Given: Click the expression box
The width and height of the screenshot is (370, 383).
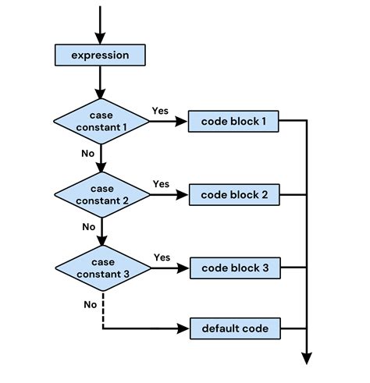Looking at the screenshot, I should click(100, 55).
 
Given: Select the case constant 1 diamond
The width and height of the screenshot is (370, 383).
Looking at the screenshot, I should click(101, 121).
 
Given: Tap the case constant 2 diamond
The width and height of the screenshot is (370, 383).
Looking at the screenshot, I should click(101, 195).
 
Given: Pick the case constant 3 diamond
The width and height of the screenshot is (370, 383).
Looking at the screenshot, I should click(101, 268).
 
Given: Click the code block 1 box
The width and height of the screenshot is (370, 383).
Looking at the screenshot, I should click(234, 121).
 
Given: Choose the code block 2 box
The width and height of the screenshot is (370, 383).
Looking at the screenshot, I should click(234, 195).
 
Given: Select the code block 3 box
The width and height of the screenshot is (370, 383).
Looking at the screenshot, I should click(234, 268).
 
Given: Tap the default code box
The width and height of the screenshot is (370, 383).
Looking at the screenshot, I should click(234, 328).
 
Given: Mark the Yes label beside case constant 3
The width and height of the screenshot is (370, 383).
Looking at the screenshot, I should click(162, 257).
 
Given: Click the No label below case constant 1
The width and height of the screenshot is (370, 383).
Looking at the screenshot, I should click(87, 153).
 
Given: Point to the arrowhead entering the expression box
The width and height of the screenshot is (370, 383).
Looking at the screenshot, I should click(100, 39).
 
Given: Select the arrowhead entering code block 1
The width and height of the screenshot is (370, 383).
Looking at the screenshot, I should click(183, 121).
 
